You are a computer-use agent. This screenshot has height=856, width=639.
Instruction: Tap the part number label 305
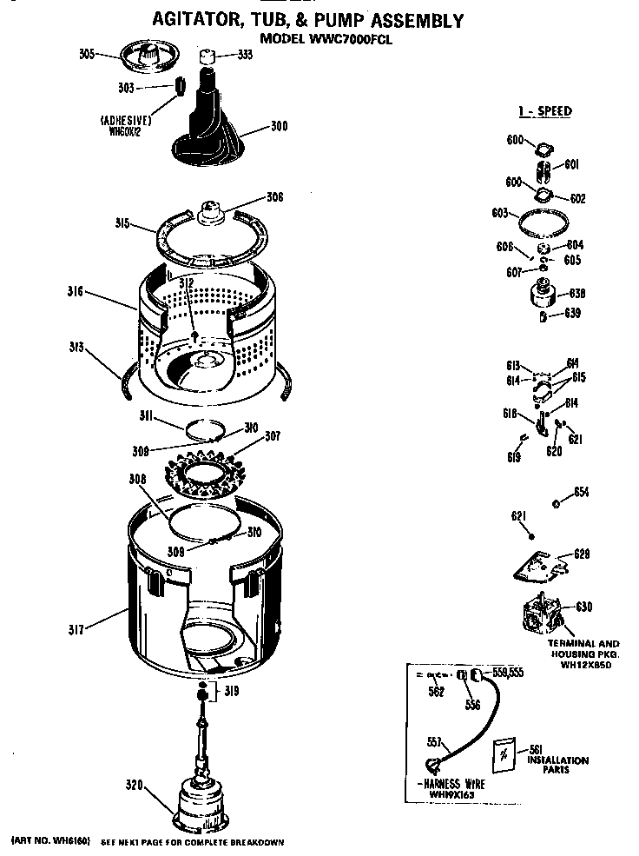[x=86, y=55]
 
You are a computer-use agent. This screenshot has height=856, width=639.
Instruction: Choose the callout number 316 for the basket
[x=76, y=292]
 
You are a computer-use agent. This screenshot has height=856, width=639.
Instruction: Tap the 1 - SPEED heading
[x=545, y=111]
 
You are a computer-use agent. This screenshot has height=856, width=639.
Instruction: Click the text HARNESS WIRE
[x=455, y=784]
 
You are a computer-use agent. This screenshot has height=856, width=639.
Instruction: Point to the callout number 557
[x=435, y=741]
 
